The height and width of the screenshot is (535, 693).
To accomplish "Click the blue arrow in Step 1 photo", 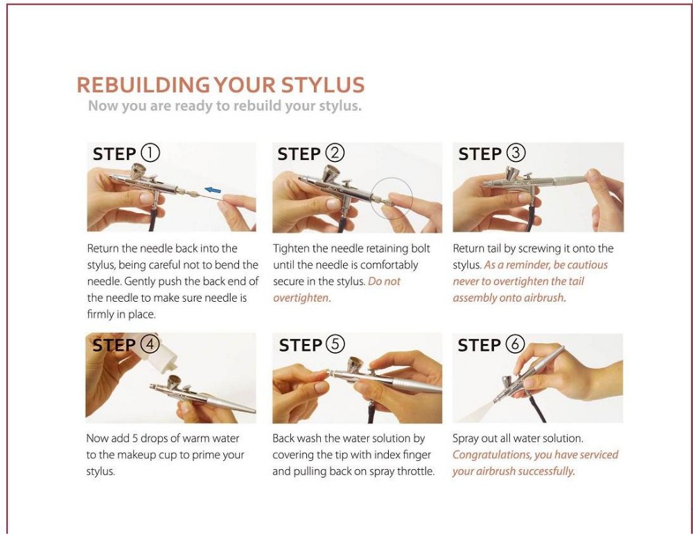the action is click(x=213, y=190).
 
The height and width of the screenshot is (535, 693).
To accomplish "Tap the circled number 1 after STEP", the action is click(x=150, y=153).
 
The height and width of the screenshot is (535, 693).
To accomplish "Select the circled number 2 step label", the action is click(x=335, y=153).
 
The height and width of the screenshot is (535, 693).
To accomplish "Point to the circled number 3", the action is click(x=516, y=153).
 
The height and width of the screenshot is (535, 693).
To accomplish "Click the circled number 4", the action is click(x=150, y=344).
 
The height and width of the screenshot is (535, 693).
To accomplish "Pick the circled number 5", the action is click(x=335, y=344).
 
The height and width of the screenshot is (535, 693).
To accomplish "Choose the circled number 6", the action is click(x=515, y=344).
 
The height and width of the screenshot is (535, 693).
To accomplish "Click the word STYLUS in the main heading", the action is click(x=323, y=84).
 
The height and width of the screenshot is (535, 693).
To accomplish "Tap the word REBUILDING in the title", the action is click(x=143, y=84).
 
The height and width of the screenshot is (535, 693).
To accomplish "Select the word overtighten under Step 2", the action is click(x=301, y=298).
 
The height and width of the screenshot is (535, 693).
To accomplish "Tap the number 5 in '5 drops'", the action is click(x=135, y=438).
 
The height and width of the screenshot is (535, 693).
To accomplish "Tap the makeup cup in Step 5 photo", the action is click(x=356, y=364).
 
